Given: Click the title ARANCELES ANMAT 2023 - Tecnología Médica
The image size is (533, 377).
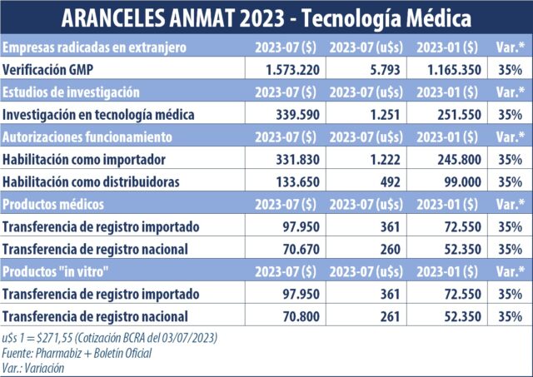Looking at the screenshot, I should pos(266,17).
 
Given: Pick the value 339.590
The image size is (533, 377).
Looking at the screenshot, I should pos(294,114).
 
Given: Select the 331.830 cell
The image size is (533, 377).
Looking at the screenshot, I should pos(294,159).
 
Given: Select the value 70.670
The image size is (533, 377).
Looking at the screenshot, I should pos(297,249).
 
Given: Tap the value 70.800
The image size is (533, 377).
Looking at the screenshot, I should pos(297,316).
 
